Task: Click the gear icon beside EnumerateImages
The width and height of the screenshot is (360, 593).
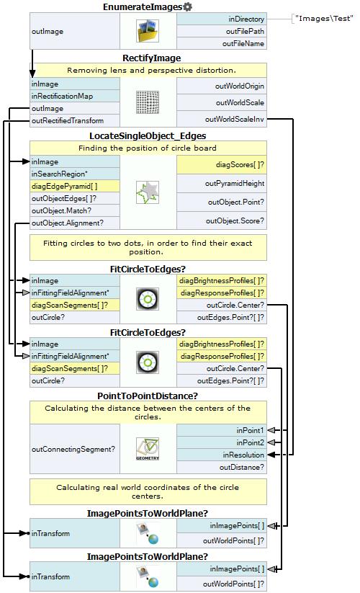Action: click(187, 6)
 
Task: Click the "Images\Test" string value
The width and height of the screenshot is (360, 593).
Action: click(324, 19)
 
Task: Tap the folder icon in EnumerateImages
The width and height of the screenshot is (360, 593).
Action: click(148, 31)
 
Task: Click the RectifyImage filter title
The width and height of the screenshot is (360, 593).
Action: click(151, 58)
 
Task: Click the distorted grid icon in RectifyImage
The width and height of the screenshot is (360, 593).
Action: click(148, 102)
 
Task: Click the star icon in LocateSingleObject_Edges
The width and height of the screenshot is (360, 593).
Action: click(148, 192)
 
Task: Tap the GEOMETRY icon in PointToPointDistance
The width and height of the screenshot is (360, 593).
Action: click(148, 449)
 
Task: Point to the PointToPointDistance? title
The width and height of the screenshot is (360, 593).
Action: click(148, 396)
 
